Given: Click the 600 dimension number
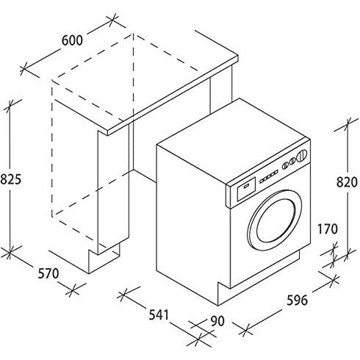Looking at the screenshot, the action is point(72,40).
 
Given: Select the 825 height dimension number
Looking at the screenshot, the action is point(11,179).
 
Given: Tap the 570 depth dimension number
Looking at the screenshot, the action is point(48,273).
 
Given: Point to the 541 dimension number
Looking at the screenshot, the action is point(159,314).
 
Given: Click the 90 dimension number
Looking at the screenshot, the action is point(217,321).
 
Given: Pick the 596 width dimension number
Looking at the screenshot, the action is point(298,300).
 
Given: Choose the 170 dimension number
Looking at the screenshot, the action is point(328,229).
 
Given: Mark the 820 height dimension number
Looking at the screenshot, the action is point(347,182).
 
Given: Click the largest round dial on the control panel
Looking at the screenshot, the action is point(302,156).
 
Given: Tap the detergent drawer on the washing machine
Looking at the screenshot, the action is point(246,189).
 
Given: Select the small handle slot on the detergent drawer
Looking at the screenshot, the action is point(245,185).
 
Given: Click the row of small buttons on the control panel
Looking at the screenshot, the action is point(269,176).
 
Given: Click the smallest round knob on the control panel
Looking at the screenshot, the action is point(285,166).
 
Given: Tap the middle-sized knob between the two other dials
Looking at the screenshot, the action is point(292,162).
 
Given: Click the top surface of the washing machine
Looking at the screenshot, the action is point(233,142).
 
